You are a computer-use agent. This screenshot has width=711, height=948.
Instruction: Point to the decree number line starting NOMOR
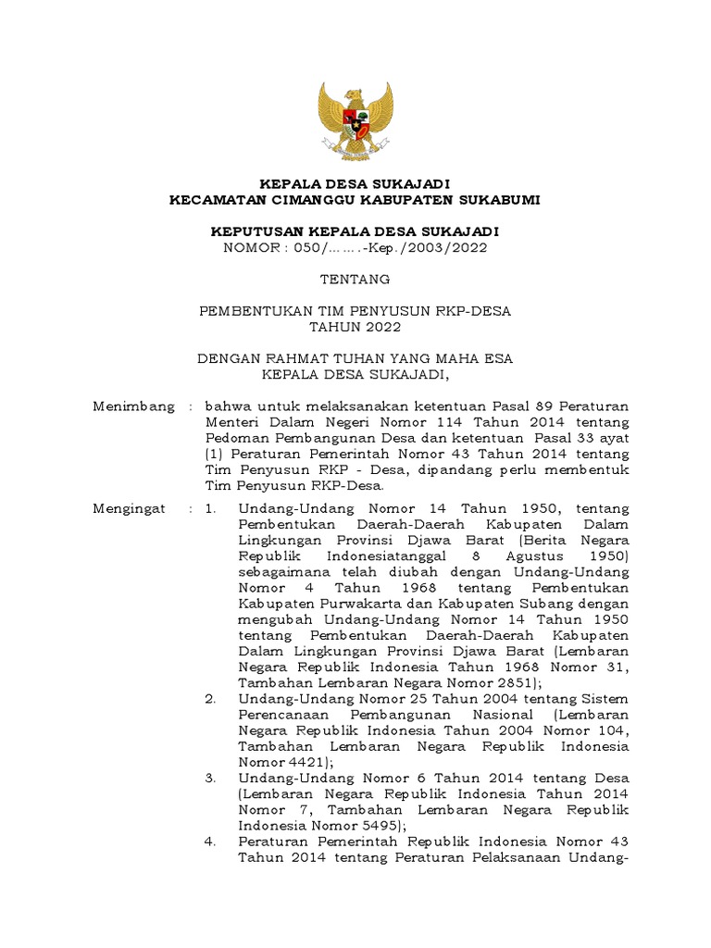[355, 247]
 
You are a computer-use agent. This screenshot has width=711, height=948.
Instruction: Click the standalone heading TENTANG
[355, 279]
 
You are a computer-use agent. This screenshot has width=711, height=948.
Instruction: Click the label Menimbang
[134, 405]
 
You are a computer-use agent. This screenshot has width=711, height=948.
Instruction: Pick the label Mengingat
[130, 508]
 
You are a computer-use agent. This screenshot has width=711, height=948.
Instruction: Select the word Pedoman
[235, 437]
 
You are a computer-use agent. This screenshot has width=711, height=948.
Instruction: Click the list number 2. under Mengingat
[210, 698]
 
